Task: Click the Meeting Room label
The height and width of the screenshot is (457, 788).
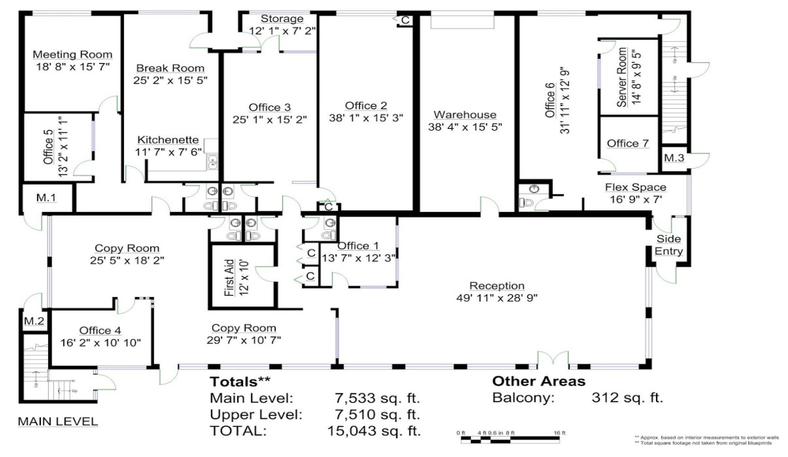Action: [x=73, y=55]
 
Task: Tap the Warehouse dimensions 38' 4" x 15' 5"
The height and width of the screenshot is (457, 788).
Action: [x=465, y=127]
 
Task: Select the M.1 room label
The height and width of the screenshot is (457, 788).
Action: [x=46, y=199]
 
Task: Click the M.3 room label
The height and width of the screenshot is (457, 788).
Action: [x=674, y=158]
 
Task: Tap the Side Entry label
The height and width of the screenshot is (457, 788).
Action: [x=668, y=245]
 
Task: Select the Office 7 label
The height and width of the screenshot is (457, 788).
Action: [x=628, y=144]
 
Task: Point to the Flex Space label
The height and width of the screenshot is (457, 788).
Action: [x=636, y=187]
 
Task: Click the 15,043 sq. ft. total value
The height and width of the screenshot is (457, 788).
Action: [x=373, y=431]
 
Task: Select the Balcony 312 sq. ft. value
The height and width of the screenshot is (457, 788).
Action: [x=627, y=398]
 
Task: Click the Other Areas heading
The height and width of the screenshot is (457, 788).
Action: [x=538, y=382]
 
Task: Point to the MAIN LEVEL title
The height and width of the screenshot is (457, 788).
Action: [x=58, y=422]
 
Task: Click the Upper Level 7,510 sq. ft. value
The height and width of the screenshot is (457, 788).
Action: [x=373, y=415]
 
